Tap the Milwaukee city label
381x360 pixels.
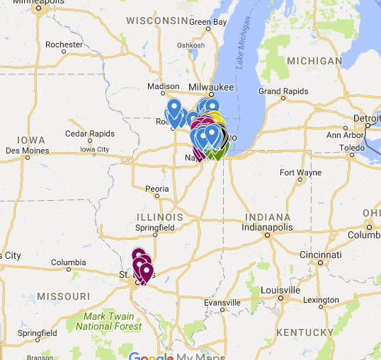[210, 86]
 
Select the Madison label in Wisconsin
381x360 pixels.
[163, 86]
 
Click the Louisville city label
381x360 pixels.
[280, 291]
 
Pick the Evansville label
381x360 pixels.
[223, 303]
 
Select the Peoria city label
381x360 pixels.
[157, 189]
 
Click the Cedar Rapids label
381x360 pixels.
[89, 134]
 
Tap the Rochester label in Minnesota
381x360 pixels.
[64, 44]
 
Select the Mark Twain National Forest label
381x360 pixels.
[108, 321]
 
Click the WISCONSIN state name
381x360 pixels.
[157, 21]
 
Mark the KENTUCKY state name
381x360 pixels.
[306, 332]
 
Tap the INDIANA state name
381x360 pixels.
[268, 216]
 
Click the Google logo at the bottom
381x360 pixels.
[152, 356]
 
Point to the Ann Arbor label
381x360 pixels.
[344, 134]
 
